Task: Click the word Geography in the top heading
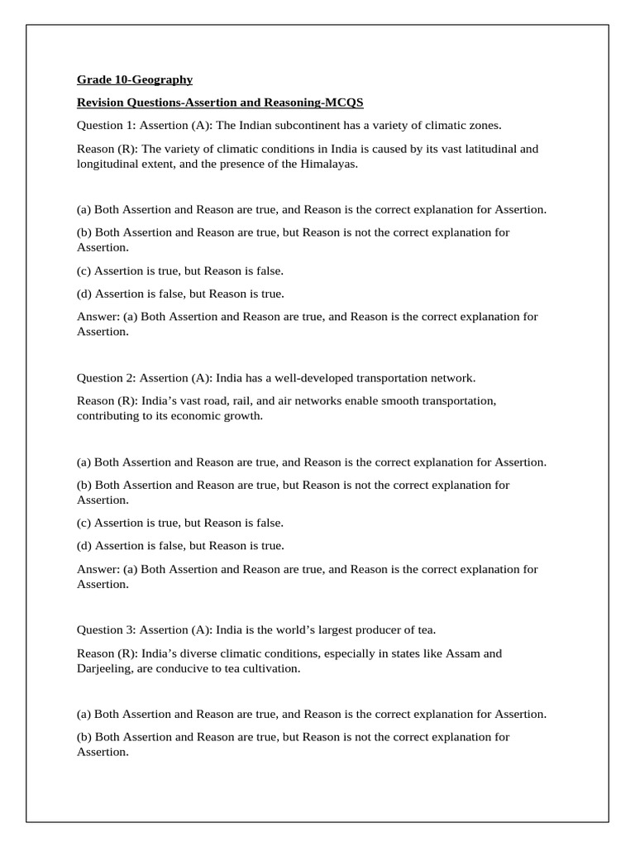[164, 80]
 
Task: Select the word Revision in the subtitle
[103, 103]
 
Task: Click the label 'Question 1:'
[107, 126]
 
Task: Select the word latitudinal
[487, 149]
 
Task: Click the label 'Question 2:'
[107, 378]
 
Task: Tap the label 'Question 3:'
[107, 630]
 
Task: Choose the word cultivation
[270, 668]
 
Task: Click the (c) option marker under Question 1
[84, 270]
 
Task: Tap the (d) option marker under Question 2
[84, 546]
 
